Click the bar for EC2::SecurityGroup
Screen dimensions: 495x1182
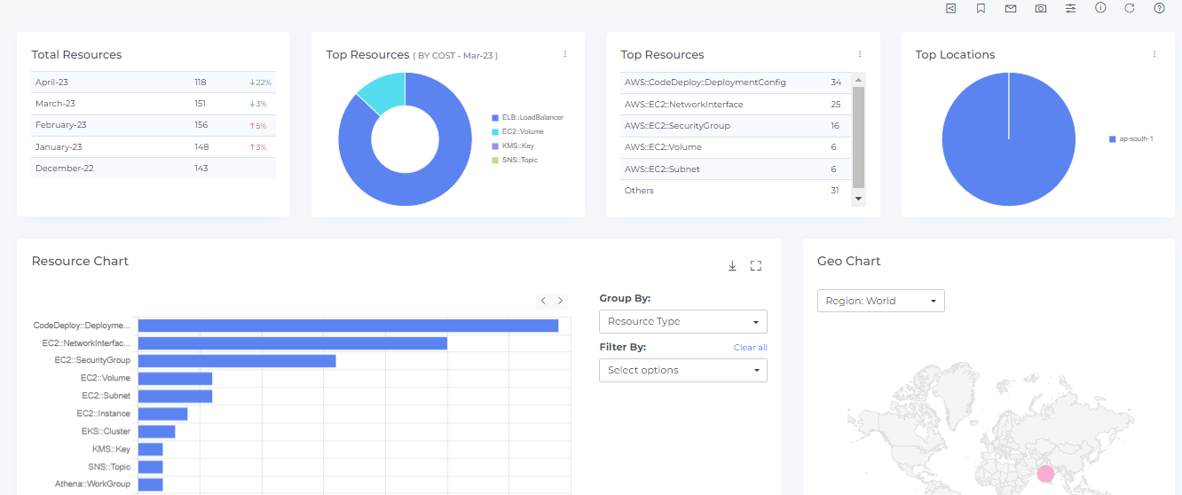[x=237, y=360]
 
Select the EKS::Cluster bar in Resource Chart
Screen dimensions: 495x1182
[x=156, y=431]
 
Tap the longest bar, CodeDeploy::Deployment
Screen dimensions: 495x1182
[x=348, y=326]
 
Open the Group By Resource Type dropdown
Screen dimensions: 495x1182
[x=682, y=321]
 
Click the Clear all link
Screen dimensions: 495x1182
[x=750, y=347]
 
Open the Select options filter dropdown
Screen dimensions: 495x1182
[x=682, y=370]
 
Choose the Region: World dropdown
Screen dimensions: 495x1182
[x=880, y=301]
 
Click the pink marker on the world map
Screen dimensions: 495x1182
[x=1046, y=474]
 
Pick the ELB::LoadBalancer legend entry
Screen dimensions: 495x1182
[x=532, y=117]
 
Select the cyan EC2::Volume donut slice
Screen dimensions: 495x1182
[x=381, y=93]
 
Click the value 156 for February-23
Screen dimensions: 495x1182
[x=201, y=125]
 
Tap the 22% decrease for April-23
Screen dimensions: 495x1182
[x=260, y=82]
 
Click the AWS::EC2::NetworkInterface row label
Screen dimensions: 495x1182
[x=683, y=105]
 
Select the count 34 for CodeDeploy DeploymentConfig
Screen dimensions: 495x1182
[x=835, y=82]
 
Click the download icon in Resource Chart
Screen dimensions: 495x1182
[x=732, y=265]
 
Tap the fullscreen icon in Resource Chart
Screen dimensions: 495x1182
[x=756, y=265]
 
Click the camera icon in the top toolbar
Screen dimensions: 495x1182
[x=1040, y=8]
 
